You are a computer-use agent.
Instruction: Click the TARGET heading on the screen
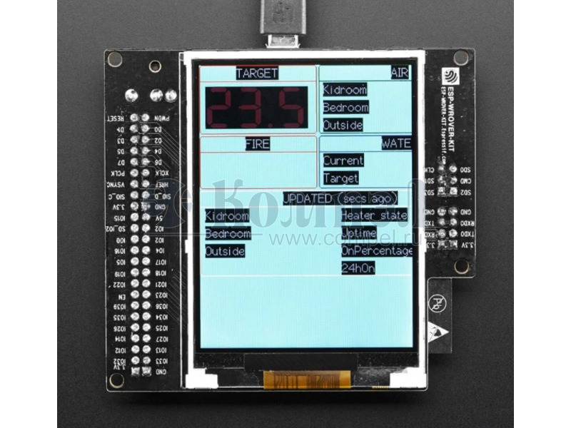coord(257,73)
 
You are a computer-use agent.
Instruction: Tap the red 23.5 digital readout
coord(257,108)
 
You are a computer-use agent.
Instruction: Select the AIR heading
coord(400,73)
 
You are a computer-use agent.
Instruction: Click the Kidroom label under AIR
coord(345,90)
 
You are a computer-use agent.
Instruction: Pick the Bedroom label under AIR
coord(345,108)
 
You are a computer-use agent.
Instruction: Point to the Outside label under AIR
coord(343,126)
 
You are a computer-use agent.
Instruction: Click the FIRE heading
coord(257,144)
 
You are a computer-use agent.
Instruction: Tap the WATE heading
coord(396,143)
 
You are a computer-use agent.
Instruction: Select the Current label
coord(343,160)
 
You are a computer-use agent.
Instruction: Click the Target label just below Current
coord(340,178)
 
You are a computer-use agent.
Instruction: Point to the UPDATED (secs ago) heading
coord(340,198)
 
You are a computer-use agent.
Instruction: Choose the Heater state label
coord(374,215)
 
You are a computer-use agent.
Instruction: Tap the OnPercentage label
coord(377,251)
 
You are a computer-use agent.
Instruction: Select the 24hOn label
coord(358,269)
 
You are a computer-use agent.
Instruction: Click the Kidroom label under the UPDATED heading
coord(227,216)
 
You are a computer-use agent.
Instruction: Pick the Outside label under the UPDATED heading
coord(225,252)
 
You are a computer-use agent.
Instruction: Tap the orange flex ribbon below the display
coord(308,379)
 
